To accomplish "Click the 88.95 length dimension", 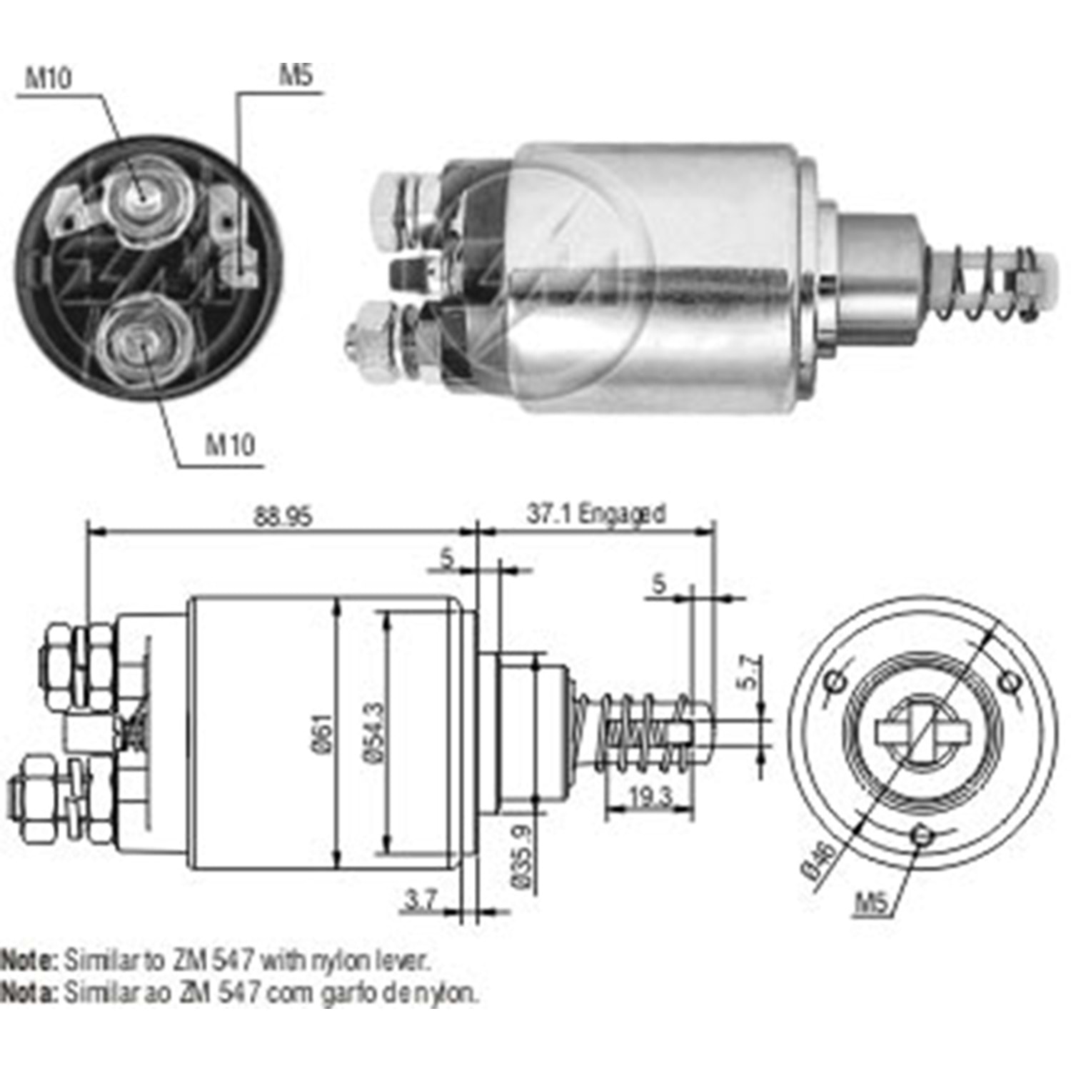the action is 283,516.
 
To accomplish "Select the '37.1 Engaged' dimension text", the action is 596,513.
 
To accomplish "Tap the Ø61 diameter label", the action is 321,733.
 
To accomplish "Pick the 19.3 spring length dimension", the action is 650,796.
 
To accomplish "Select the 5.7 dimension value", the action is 749,672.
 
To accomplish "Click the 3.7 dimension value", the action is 420,900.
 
